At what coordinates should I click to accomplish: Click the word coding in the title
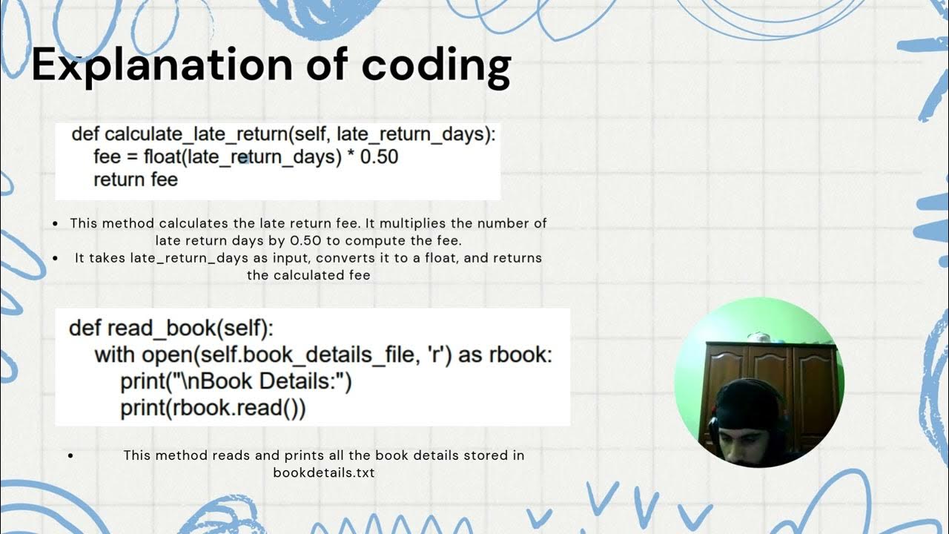(x=436, y=65)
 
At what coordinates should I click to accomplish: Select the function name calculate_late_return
(x=196, y=134)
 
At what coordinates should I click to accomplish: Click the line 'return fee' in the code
(x=136, y=179)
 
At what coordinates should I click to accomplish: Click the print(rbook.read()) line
(x=213, y=408)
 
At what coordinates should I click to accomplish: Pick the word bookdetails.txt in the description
(x=323, y=472)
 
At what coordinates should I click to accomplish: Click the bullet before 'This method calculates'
(x=57, y=223)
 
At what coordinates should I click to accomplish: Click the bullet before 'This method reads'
(x=70, y=455)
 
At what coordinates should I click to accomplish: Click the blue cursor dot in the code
(x=242, y=157)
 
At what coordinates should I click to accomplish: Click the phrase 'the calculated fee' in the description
(x=308, y=275)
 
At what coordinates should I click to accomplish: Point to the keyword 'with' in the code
(x=116, y=355)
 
